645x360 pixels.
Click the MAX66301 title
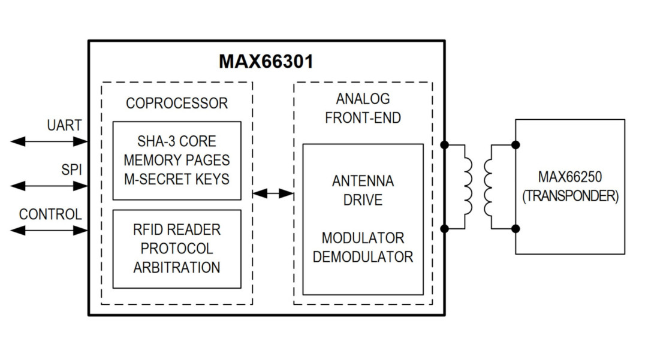click(x=266, y=62)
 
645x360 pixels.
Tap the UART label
click(x=64, y=125)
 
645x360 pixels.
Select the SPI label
click(x=71, y=170)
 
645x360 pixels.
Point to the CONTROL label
click(x=50, y=214)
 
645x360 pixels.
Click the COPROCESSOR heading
click(x=177, y=103)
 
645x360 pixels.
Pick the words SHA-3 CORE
click(x=177, y=141)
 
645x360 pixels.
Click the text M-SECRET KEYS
click(x=177, y=179)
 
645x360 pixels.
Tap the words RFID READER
click(x=177, y=229)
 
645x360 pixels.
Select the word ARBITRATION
click(x=177, y=268)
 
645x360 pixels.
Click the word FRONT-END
click(x=363, y=118)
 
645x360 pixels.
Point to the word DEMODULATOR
click(x=363, y=257)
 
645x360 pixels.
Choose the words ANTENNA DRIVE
click(x=363, y=190)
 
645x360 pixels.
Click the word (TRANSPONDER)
click(x=570, y=196)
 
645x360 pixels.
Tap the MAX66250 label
click(x=570, y=177)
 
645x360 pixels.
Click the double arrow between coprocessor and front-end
click(x=273, y=193)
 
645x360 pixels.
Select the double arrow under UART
click(x=49, y=142)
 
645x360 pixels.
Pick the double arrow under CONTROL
click(x=49, y=231)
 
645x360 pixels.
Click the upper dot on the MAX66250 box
click(x=516, y=144)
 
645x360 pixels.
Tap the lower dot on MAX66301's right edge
click(x=444, y=228)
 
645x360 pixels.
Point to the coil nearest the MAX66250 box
click(x=487, y=187)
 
